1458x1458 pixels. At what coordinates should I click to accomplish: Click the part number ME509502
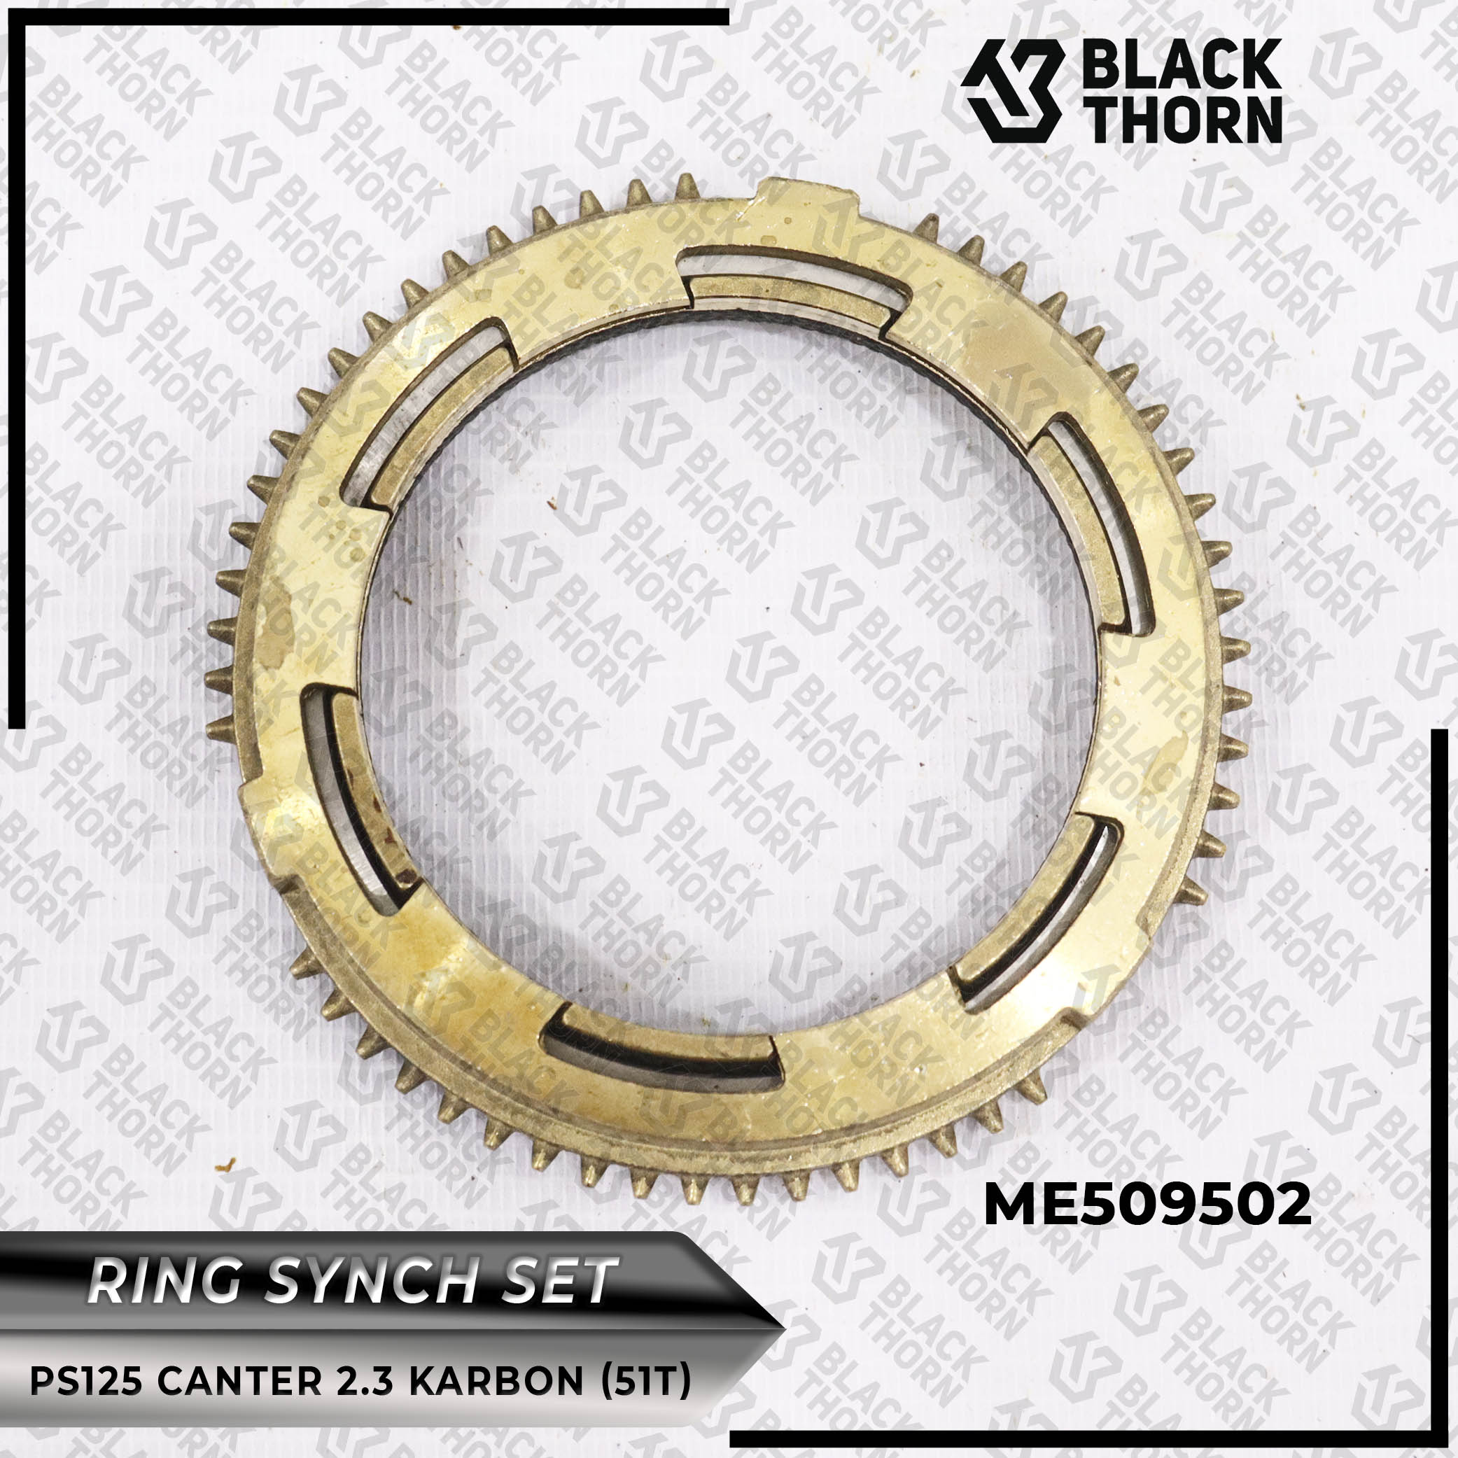(x=1147, y=1205)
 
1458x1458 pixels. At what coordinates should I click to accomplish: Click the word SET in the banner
(x=567, y=1282)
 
